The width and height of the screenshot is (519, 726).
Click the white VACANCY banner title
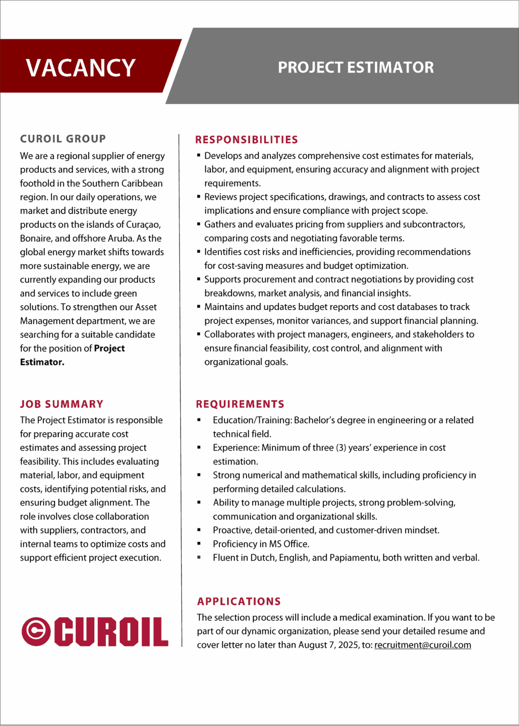point(81,68)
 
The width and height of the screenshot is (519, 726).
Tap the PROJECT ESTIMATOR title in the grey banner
point(356,68)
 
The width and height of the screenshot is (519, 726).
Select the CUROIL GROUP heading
point(63,139)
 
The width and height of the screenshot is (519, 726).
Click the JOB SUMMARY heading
point(62,404)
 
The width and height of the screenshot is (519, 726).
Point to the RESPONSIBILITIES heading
point(247,140)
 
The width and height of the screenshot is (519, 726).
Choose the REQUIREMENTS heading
point(240,404)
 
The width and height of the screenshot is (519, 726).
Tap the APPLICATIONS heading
point(239,601)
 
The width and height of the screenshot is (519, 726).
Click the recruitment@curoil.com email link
point(423,645)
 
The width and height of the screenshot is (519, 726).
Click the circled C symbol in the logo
point(36,631)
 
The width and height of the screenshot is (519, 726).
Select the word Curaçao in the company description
point(143,224)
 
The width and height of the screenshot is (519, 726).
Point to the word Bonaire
point(36,238)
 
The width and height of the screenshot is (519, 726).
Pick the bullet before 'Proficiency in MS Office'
point(199,544)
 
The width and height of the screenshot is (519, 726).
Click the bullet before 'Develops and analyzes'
point(199,156)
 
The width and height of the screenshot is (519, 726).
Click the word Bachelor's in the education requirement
point(316,420)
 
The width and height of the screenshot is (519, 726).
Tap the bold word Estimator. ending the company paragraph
point(42,362)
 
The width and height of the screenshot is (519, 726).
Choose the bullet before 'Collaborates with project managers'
point(199,334)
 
